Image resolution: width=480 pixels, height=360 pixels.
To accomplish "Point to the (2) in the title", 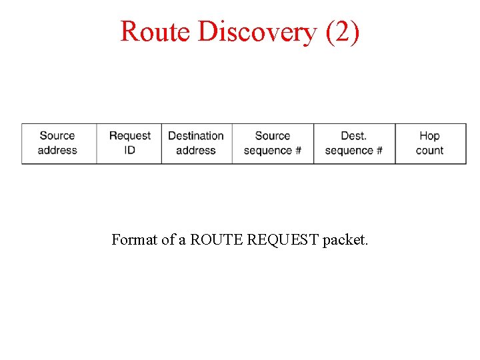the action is click(342, 31).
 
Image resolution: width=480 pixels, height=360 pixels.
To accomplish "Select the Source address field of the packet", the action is click(58, 143).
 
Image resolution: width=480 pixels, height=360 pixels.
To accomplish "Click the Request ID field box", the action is click(129, 143).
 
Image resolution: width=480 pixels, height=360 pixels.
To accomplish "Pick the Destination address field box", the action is click(196, 143).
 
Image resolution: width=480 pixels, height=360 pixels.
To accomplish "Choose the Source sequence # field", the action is click(272, 143).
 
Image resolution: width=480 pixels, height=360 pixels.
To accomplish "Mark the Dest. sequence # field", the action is click(353, 143).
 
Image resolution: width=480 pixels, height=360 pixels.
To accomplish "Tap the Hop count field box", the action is click(429, 143).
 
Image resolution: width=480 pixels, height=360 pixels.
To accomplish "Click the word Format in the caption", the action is click(135, 239).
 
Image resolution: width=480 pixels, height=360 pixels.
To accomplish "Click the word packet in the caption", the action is click(345, 240).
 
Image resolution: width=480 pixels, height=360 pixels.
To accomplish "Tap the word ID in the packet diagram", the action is click(129, 151).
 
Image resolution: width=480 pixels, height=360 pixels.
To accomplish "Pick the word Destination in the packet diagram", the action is click(196, 136).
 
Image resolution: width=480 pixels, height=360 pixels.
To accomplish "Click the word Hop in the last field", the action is click(429, 136).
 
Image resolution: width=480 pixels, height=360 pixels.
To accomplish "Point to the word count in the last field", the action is click(429, 151).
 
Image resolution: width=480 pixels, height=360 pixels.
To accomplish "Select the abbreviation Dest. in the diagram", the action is click(353, 136).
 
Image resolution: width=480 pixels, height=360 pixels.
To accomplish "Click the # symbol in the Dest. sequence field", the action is click(379, 151).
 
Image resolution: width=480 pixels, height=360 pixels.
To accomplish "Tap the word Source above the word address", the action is click(57, 136).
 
